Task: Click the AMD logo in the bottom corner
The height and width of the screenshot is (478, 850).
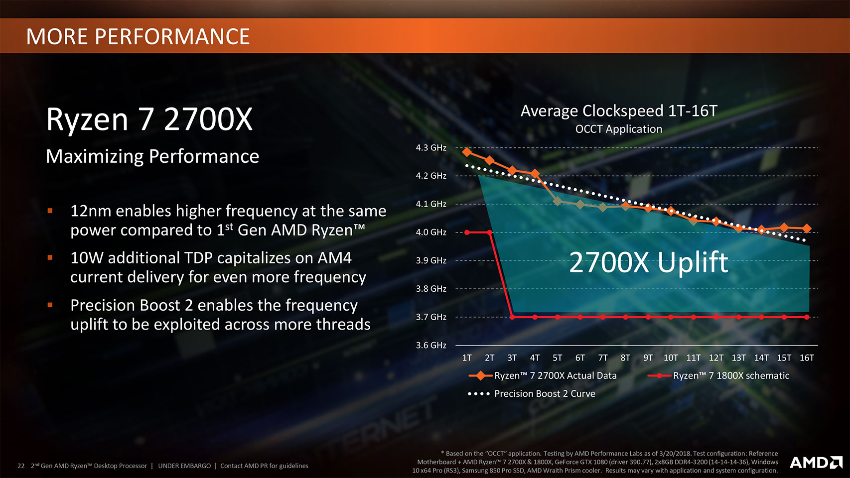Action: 816,463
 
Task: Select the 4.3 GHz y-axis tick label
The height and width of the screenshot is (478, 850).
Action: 431,148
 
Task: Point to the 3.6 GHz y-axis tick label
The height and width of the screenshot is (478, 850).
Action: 431,345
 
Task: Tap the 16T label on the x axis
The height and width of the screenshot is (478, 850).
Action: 807,358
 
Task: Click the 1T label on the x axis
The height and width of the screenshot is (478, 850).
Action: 467,358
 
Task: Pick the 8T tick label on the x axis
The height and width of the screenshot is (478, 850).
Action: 625,358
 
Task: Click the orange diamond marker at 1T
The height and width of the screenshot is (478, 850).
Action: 467,152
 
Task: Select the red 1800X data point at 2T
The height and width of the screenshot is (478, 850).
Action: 490,233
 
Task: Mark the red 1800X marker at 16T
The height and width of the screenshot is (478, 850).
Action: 807,317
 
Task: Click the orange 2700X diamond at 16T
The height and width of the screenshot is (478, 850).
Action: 807,229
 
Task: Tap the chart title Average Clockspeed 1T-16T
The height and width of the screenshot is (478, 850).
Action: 619,111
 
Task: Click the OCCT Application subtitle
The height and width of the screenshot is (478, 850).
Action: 619,129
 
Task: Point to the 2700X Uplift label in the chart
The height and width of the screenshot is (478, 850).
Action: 648,262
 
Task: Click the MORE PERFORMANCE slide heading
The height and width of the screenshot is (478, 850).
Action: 138,37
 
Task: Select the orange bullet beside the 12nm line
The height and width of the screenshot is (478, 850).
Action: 50,211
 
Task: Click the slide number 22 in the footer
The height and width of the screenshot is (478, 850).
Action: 21,466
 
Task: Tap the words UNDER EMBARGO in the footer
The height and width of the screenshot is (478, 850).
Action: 184,466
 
